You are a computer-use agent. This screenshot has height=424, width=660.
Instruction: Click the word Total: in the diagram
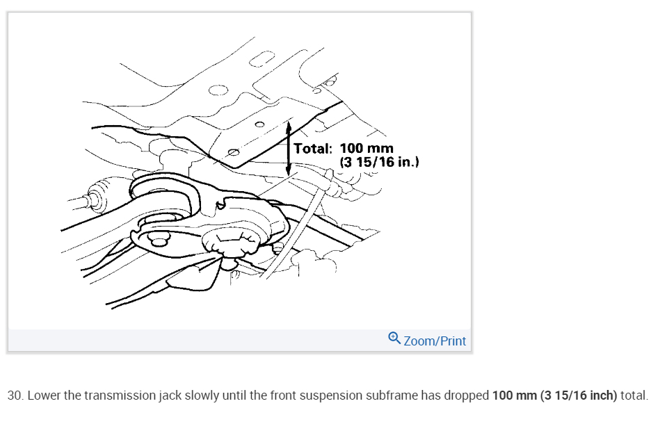(x=314, y=149)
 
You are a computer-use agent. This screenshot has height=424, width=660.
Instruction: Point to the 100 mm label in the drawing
(x=367, y=149)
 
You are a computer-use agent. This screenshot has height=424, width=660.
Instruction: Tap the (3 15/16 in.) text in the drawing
(x=379, y=162)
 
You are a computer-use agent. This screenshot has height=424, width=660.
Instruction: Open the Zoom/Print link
(x=435, y=341)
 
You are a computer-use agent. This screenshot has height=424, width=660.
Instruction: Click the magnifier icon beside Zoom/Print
(x=394, y=339)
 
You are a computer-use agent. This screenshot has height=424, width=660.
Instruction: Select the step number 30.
(x=15, y=396)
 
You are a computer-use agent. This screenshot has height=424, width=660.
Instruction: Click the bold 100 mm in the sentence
(x=514, y=396)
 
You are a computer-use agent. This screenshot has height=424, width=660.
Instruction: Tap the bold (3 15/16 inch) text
(x=579, y=396)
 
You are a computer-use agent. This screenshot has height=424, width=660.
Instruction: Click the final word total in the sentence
(x=634, y=396)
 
